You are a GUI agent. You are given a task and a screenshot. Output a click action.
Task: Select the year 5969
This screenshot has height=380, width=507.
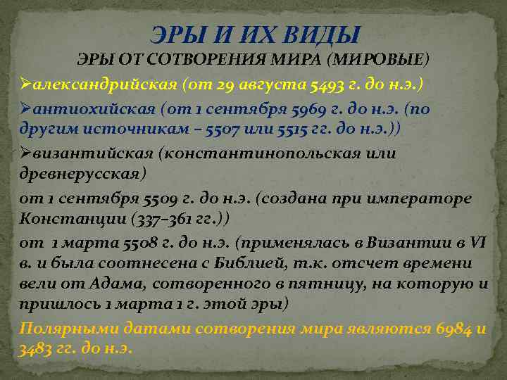(x=301, y=109)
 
